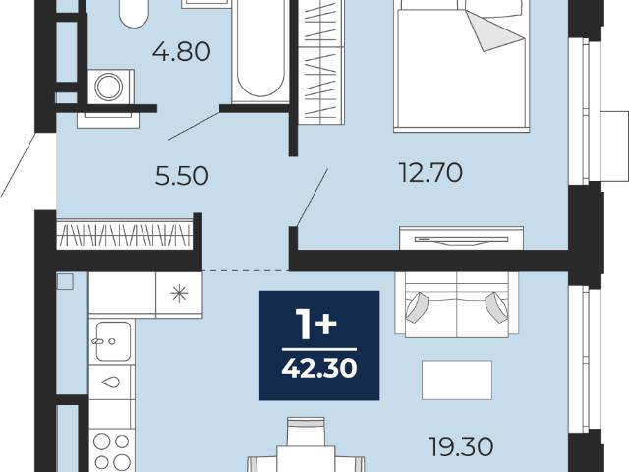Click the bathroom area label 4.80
[181, 52]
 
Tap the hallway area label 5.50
[182, 176]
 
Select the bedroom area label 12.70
[430, 173]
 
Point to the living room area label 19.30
[461, 446]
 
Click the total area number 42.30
[319, 368]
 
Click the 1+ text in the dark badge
[315, 324]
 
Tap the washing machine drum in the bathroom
[108, 87]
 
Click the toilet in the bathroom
[134, 13]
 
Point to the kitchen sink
[113, 341]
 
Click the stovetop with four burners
[111, 450]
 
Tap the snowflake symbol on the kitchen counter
[179, 294]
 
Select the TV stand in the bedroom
[461, 238]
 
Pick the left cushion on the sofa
[417, 307]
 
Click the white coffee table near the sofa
[457, 381]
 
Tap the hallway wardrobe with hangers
[125, 234]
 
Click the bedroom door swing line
[313, 198]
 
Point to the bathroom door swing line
[194, 126]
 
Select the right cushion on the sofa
[496, 307]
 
